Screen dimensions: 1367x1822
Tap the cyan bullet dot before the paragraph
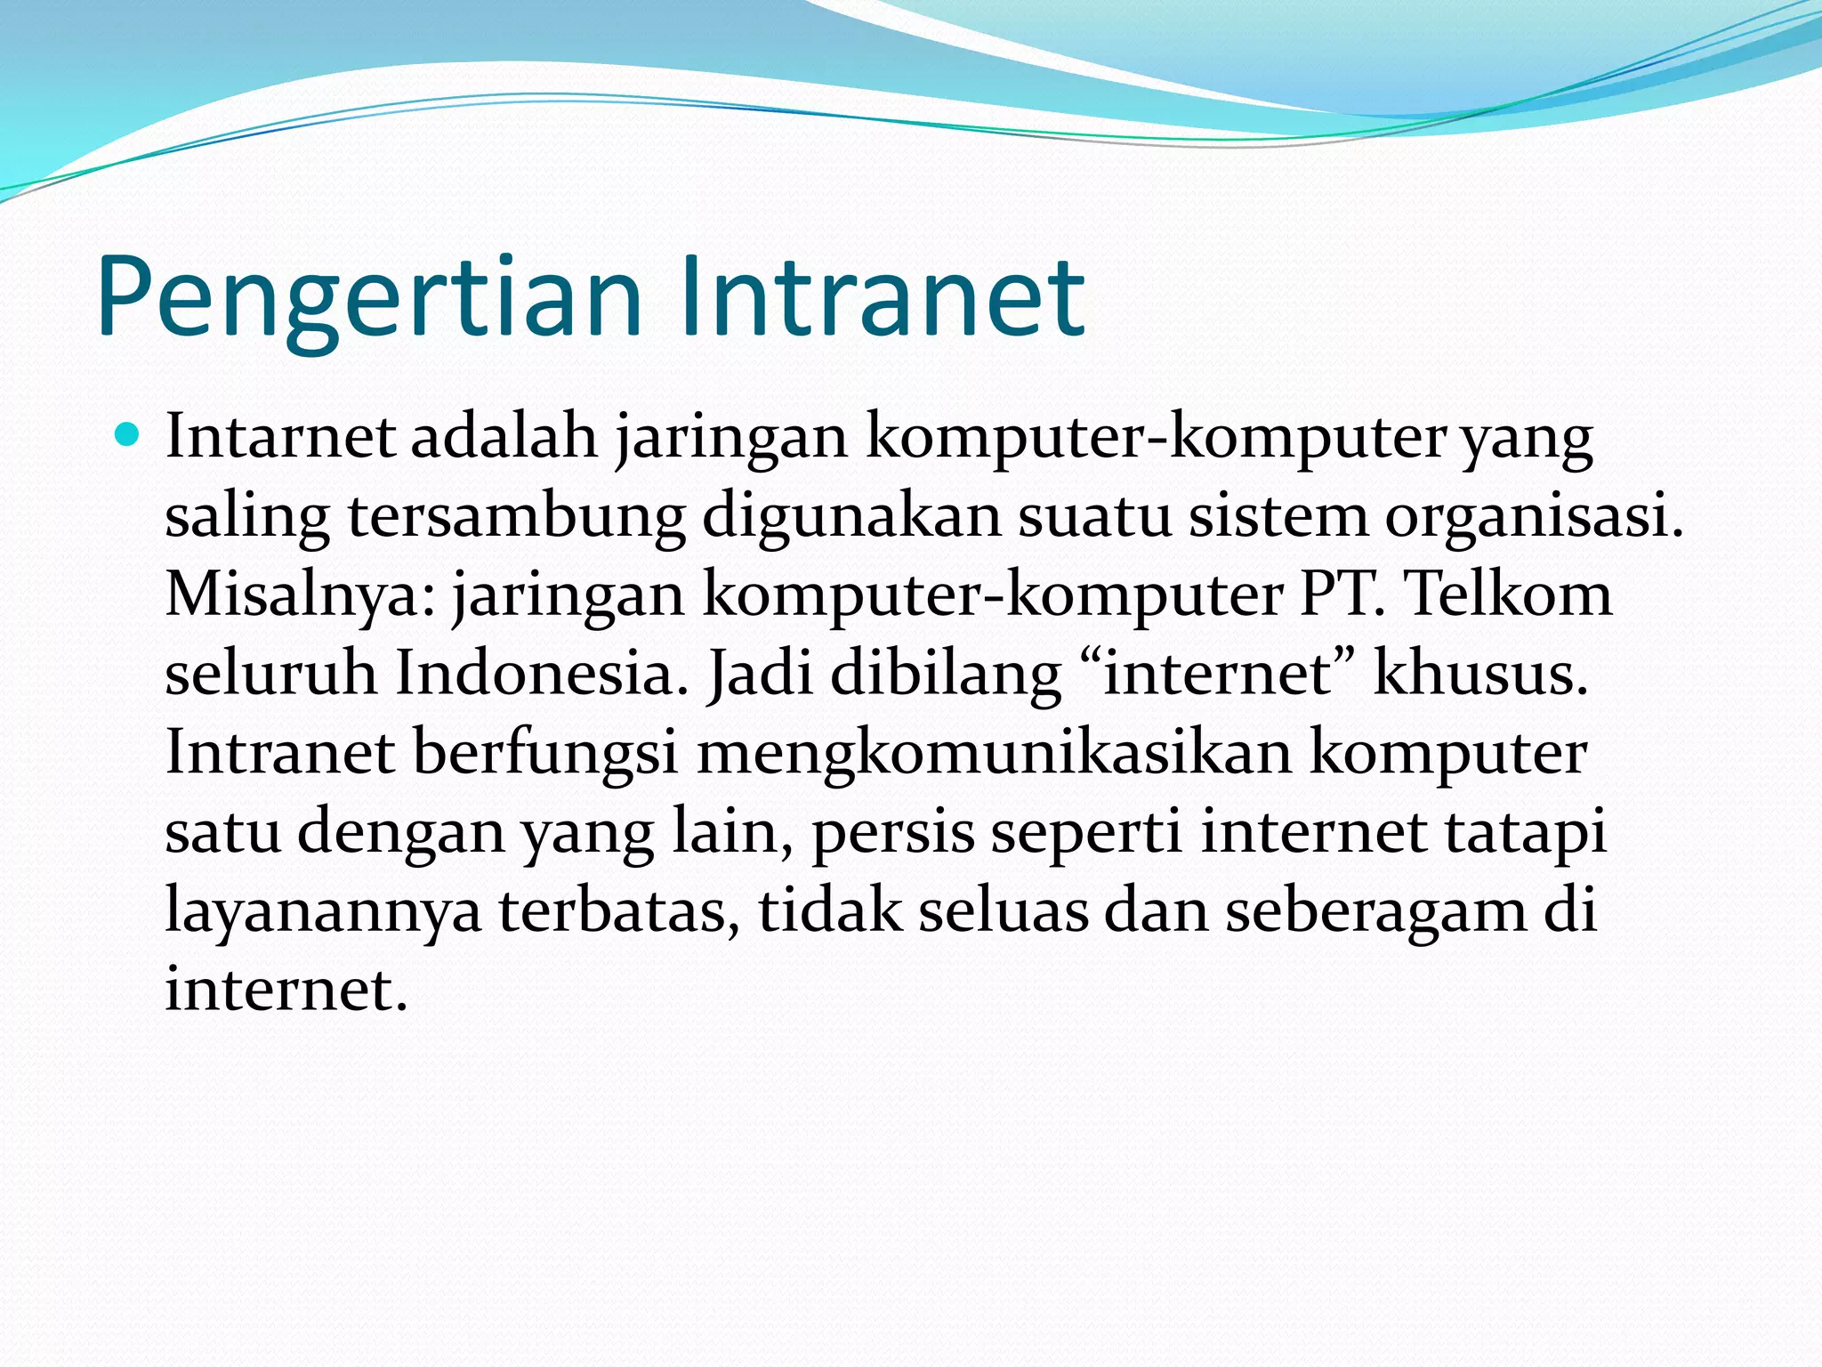point(128,435)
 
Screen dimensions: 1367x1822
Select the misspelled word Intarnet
point(280,437)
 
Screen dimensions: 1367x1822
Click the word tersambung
point(517,516)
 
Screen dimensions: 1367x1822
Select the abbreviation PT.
point(1342,595)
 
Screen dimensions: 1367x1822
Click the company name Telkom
point(1508,595)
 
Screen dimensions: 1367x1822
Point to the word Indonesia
point(542,673)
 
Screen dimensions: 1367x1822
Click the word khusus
point(1480,673)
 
